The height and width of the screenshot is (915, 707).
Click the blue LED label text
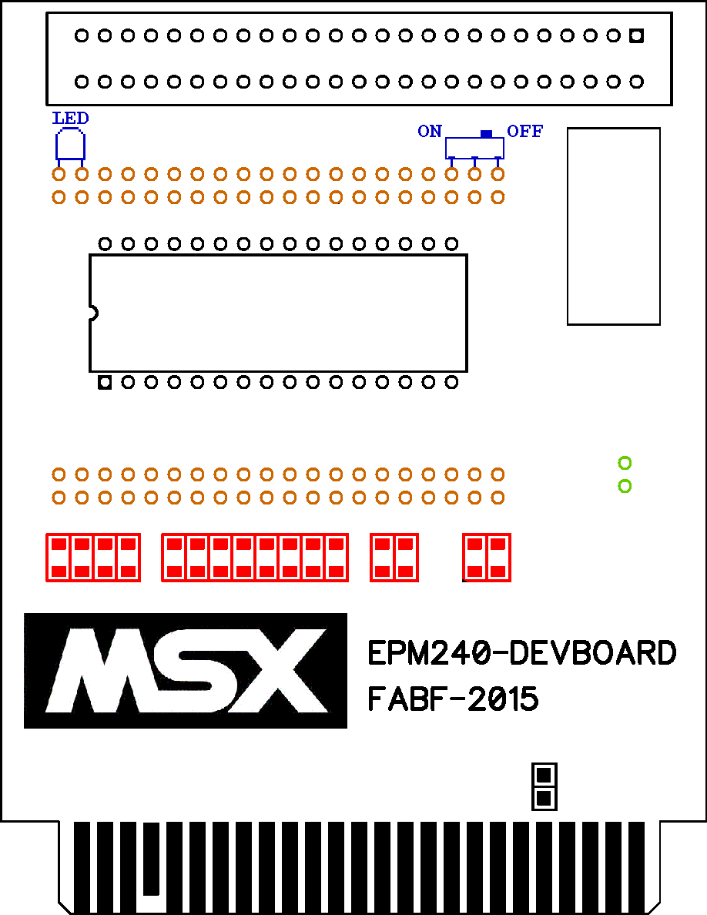pyautogui.click(x=71, y=119)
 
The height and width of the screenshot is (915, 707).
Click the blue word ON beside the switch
pyautogui.click(x=430, y=131)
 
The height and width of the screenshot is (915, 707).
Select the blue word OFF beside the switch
pyautogui.click(x=525, y=131)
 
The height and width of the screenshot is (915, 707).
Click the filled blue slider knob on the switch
pyautogui.click(x=487, y=134)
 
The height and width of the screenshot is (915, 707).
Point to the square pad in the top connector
pyautogui.click(x=636, y=35)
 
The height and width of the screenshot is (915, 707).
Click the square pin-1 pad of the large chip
pyautogui.click(x=105, y=383)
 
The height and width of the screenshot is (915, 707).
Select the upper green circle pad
pyautogui.click(x=625, y=464)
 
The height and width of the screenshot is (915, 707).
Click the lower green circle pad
pyautogui.click(x=625, y=486)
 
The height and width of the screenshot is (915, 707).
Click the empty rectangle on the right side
pyautogui.click(x=614, y=226)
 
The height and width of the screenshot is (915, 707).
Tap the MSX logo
pyautogui.click(x=186, y=671)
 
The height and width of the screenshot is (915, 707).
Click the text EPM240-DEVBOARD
pyautogui.click(x=522, y=653)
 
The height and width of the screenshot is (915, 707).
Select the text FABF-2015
pyautogui.click(x=454, y=699)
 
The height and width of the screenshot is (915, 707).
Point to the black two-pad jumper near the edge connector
pyautogui.click(x=544, y=786)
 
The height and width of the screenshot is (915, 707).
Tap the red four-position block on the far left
pyautogui.click(x=93, y=558)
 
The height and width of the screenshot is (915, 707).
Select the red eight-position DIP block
pyautogui.click(x=255, y=558)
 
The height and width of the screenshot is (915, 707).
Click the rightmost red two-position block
pyautogui.click(x=487, y=558)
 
